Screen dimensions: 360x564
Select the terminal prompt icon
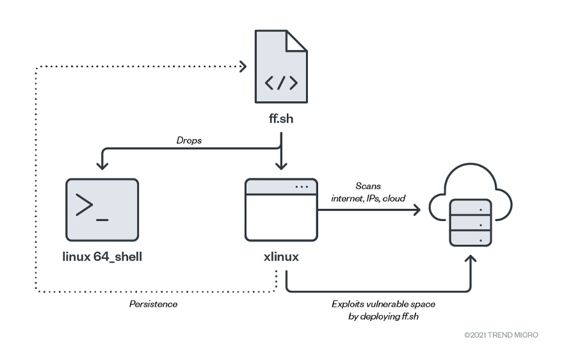(102, 208)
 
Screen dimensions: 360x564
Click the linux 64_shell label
(102, 257)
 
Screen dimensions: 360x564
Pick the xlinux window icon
(281, 209)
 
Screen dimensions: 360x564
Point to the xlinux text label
(281, 257)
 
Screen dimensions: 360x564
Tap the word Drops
(189, 140)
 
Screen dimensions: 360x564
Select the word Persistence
(154, 304)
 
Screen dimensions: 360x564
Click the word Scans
(368, 186)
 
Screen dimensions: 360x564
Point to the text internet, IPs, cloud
(368, 199)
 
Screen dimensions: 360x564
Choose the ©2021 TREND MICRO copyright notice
(501, 335)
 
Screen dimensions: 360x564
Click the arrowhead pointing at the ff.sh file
(243, 65)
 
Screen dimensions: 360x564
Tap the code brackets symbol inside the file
(280, 83)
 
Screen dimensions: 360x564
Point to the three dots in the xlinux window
(302, 187)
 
